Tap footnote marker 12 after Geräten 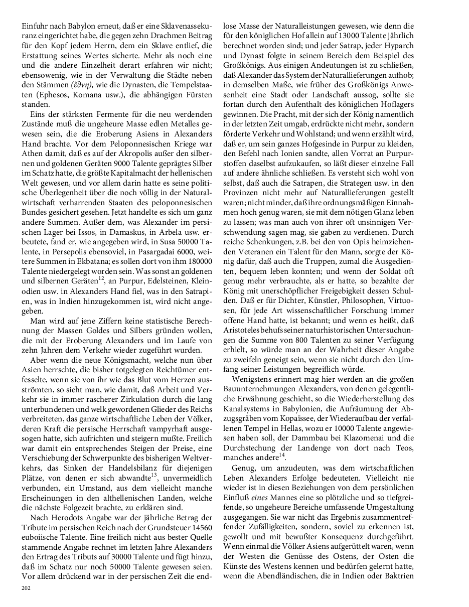click(x=101, y=278)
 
